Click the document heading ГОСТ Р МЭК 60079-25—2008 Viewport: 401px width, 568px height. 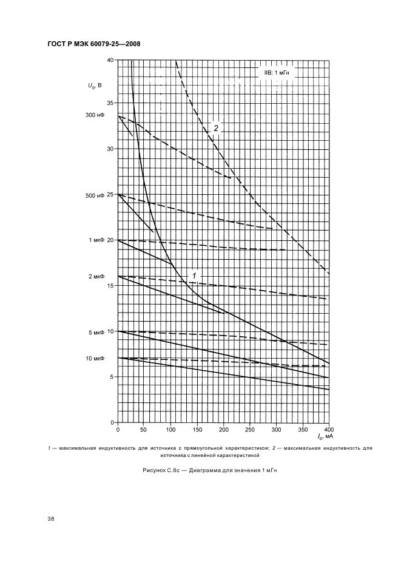tap(94, 44)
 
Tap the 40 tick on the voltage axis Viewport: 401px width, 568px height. tap(110, 60)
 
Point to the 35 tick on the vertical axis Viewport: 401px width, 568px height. tap(110, 103)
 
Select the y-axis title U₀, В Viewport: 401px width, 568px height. tap(94, 86)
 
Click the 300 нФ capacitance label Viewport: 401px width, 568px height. tap(95, 115)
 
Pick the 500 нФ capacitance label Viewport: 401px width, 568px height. tap(95, 195)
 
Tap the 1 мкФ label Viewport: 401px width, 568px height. tap(96, 240)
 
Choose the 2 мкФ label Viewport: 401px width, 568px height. tap(96, 276)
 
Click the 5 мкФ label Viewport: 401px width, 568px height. tap(96, 332)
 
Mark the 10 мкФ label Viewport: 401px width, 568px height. tap(95, 359)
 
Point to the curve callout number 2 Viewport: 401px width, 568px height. tap(216, 128)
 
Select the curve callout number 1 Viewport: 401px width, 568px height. tap(194, 276)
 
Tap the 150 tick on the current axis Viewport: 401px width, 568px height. tap(197, 430)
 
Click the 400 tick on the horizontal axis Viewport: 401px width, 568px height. tap(329, 430)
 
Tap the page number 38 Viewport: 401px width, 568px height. tap(51, 519)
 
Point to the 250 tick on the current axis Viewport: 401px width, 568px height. tap(250, 430)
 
